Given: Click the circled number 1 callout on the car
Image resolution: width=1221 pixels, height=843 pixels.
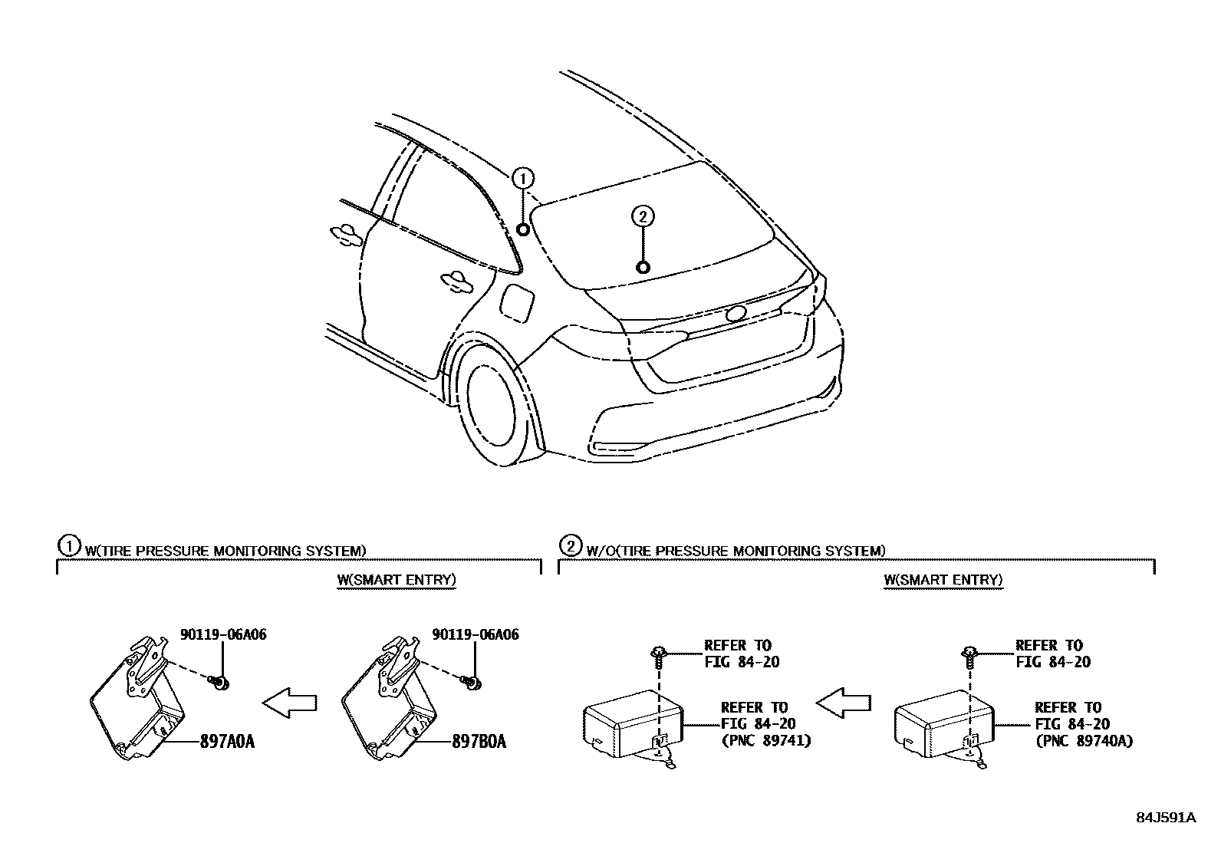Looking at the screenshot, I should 523,179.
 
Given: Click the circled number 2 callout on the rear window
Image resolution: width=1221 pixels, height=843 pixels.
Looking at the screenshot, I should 643,217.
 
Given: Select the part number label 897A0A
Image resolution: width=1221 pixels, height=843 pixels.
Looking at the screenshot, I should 227,742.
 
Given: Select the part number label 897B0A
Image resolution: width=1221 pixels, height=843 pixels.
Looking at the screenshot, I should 479,742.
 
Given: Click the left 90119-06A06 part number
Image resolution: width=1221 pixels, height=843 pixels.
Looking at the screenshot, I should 223,634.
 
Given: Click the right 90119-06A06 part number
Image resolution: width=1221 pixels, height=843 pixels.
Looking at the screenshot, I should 476,634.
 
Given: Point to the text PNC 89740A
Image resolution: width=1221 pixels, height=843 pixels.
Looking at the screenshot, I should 1083,740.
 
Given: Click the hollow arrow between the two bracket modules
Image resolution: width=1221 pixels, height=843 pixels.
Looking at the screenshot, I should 290,701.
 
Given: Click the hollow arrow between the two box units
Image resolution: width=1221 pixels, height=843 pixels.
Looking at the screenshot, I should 844,701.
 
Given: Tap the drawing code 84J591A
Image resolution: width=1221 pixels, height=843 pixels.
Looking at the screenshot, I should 1166,817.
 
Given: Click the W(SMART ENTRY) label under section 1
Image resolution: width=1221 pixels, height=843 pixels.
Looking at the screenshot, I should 397,579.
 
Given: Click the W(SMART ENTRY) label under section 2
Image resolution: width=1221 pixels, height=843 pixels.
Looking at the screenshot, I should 943,579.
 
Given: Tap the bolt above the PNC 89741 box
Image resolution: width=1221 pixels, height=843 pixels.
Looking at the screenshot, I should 658,654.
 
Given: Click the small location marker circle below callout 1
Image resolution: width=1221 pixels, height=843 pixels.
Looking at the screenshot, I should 523,229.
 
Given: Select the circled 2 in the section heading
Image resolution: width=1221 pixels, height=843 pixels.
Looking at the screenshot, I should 571,546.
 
